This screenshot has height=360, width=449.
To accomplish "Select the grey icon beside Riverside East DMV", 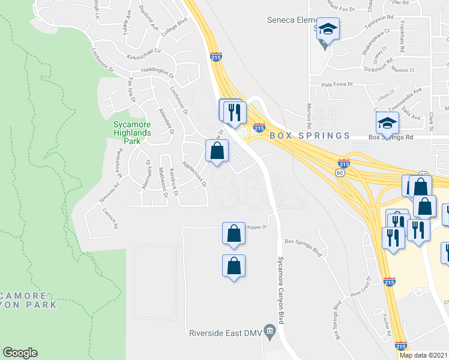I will point(270,330).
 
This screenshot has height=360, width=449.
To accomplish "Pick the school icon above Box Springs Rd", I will point(387,124).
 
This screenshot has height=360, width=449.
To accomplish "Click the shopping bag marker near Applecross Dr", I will point(217,151).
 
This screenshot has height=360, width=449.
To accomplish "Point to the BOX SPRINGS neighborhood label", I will point(310,136).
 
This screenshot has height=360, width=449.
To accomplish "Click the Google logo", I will point(20,353).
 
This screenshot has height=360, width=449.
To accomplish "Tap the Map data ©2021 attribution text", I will point(423,355).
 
